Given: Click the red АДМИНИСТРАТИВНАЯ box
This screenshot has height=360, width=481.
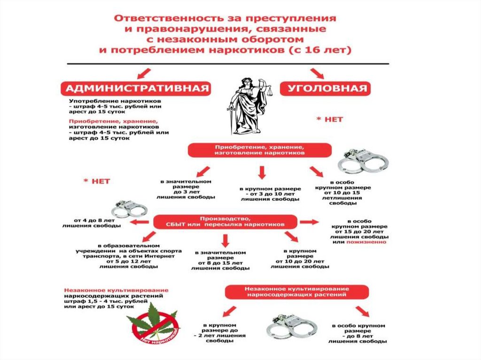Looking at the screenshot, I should tap(136, 89).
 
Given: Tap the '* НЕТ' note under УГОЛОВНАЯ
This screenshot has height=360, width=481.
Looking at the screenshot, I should tap(330, 119).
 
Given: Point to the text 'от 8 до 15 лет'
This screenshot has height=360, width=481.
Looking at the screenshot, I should tap(220, 263).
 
